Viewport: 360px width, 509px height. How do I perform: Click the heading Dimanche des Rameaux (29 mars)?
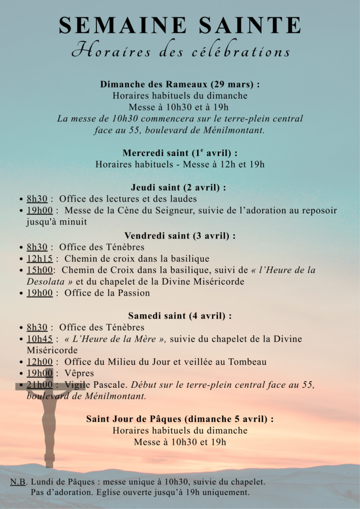tap(180, 85)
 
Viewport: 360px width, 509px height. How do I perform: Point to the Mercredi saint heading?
tap(180, 153)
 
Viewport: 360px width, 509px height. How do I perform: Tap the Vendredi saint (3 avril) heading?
tap(180, 236)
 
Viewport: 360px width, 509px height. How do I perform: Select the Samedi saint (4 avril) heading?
tap(180, 316)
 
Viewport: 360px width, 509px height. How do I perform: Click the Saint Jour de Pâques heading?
tap(180, 419)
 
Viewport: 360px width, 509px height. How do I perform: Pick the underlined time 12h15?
tap(40, 258)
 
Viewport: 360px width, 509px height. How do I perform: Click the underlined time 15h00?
tap(40, 270)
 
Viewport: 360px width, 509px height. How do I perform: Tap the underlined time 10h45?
tap(40, 339)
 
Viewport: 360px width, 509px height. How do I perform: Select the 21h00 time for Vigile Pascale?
tap(40, 385)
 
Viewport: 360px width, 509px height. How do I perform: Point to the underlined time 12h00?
tap(40, 362)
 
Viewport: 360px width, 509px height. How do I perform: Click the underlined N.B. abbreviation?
tap(18, 482)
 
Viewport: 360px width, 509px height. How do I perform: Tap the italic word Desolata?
tap(44, 281)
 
